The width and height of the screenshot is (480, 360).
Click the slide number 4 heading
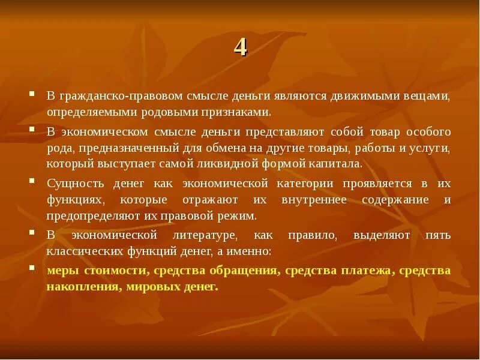(240, 47)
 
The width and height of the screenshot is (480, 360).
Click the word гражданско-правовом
(104, 96)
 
